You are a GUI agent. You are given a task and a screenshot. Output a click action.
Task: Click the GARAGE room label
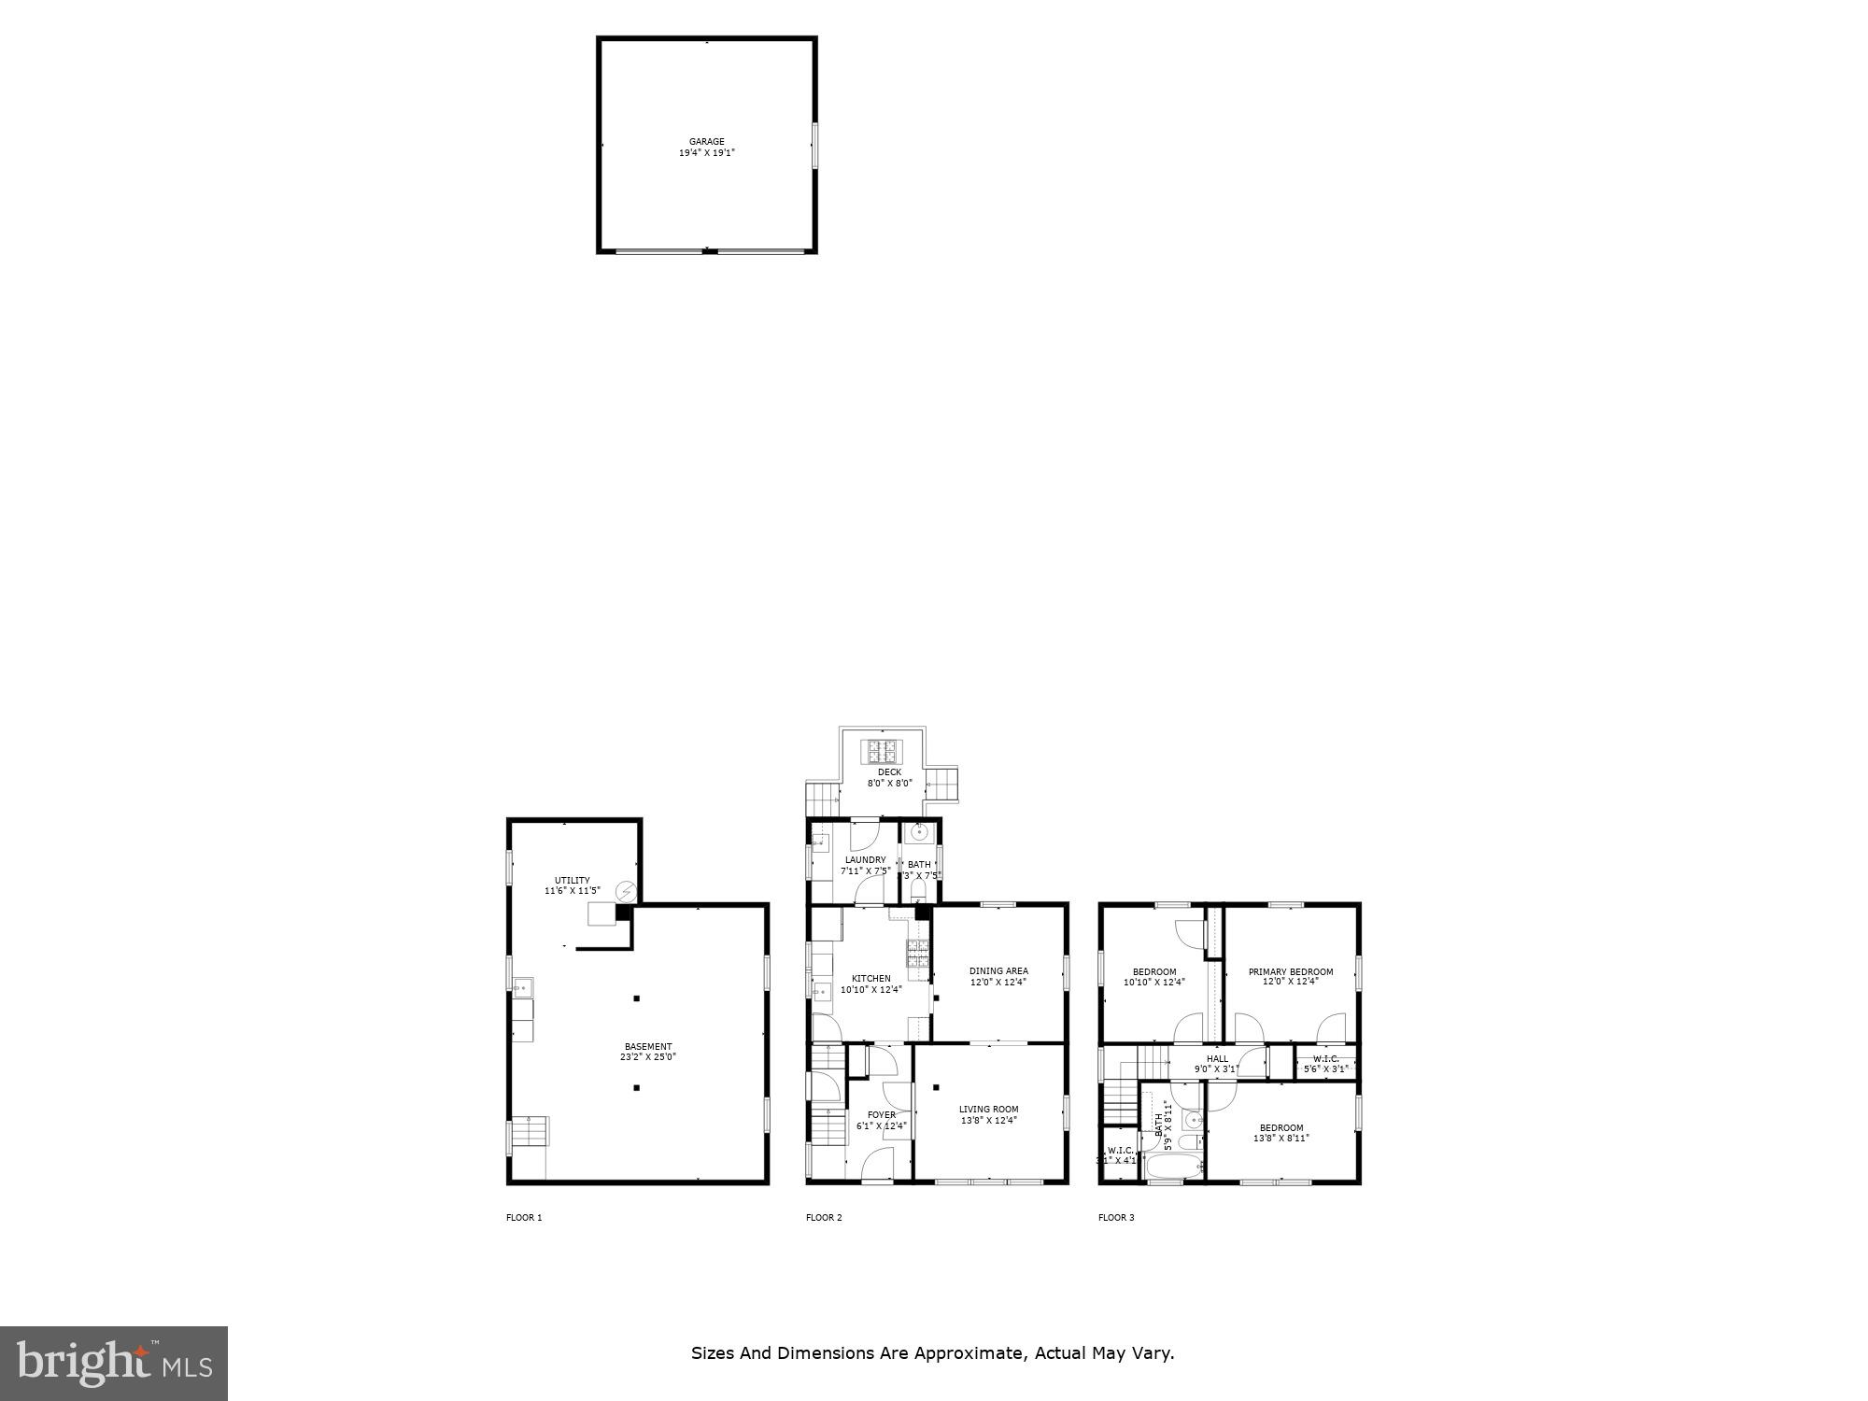pyautogui.click(x=706, y=142)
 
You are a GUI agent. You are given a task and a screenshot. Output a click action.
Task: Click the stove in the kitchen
pyautogui.click(x=916, y=954)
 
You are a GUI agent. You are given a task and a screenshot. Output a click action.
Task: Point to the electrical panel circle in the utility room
pyautogui.click(x=625, y=891)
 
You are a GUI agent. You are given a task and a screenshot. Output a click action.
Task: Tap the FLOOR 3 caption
pyautogui.click(x=1116, y=1218)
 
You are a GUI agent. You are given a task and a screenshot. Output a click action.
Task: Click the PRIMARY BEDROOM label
pyautogui.click(x=1291, y=972)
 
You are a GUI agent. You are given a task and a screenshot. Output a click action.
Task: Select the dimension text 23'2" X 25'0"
pyautogui.click(x=647, y=1057)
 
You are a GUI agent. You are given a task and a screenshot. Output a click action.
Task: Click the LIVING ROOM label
pyautogui.click(x=988, y=1110)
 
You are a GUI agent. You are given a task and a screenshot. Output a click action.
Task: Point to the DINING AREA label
pyautogui.click(x=998, y=971)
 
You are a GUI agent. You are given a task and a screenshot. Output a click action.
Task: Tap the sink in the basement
pyautogui.click(x=520, y=984)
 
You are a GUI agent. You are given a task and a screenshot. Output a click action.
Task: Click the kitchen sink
pyautogui.click(x=821, y=992)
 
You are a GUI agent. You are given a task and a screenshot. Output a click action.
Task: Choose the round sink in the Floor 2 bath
pyautogui.click(x=920, y=831)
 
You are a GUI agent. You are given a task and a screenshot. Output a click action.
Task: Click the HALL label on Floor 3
pyautogui.click(x=1217, y=1059)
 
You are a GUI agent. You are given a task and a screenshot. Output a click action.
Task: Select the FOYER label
pyautogui.click(x=881, y=1115)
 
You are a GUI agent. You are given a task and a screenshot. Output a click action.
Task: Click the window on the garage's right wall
pyautogui.click(x=814, y=146)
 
